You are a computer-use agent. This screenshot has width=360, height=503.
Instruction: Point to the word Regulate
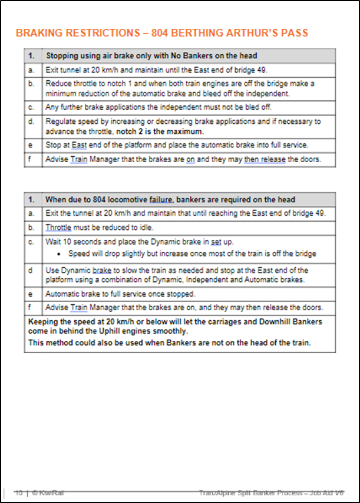(x=62, y=122)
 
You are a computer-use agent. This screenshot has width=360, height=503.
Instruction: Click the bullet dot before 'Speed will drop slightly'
(x=62, y=254)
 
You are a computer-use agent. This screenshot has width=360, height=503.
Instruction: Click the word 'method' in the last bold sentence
(x=61, y=343)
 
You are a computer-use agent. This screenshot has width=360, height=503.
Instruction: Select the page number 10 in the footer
(x=18, y=492)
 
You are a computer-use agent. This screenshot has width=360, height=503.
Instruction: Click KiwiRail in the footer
(x=44, y=492)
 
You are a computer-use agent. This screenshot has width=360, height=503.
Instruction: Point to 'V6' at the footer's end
(x=339, y=492)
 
